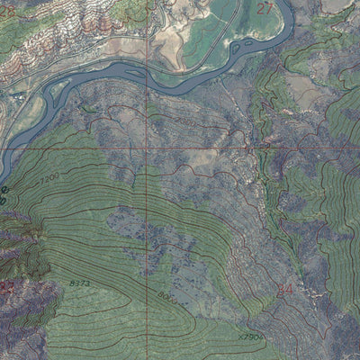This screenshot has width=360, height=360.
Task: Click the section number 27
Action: pos(265,9)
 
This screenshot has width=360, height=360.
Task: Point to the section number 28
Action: pos(7,10)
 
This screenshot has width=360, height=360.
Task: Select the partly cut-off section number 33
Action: pos(6,288)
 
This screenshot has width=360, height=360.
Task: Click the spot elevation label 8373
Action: pos(78,283)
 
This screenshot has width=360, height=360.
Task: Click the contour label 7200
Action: pos(50,178)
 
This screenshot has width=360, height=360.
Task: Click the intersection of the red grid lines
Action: pos(146,147)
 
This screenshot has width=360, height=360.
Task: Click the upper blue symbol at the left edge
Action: pos(3,191)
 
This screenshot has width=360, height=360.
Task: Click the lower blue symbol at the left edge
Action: pos(3,201)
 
